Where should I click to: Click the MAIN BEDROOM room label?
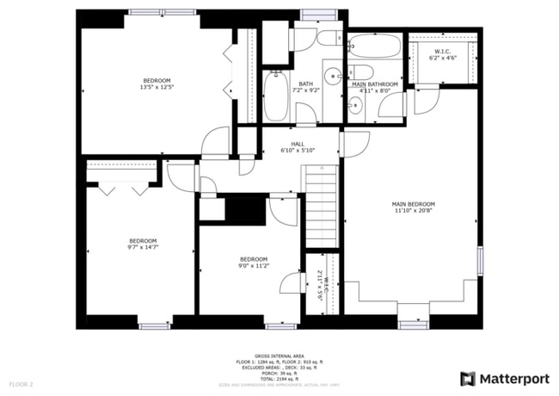click(415, 203)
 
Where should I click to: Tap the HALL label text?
click(298, 144)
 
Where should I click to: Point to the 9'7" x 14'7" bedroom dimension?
click(143, 247)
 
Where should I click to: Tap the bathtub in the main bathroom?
click(374, 46)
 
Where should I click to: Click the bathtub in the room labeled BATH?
click(275, 95)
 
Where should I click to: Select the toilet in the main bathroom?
click(361, 73)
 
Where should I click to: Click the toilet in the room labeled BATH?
click(329, 38)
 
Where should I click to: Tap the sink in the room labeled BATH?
click(332, 72)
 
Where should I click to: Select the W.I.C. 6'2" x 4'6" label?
click(443, 55)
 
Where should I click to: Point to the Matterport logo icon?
click(468, 378)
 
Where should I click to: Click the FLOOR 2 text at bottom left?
click(21, 383)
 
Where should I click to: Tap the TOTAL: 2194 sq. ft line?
click(279, 378)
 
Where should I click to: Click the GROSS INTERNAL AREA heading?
click(279, 355)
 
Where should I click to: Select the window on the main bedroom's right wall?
click(481, 262)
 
